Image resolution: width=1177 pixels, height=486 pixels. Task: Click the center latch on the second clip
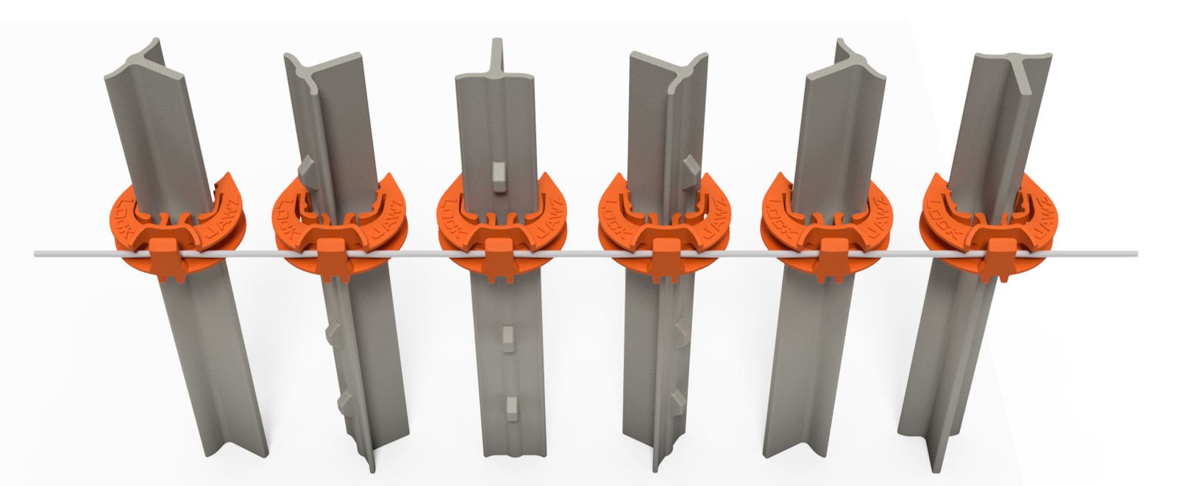coord(333,258)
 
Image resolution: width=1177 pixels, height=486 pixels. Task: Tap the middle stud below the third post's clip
coord(506,335)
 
